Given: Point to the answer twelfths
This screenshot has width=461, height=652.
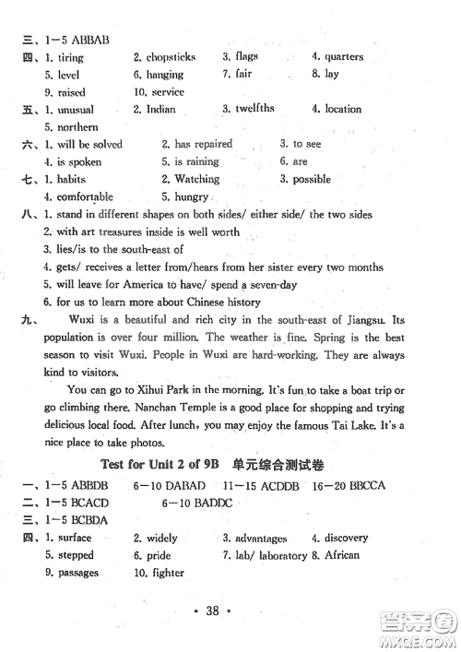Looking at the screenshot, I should click(254, 109).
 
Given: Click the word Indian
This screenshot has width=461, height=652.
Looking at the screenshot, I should click(160, 110).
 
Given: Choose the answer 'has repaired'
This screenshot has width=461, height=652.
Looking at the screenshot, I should click(203, 145).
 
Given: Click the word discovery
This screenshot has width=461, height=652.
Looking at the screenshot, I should click(347, 539).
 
